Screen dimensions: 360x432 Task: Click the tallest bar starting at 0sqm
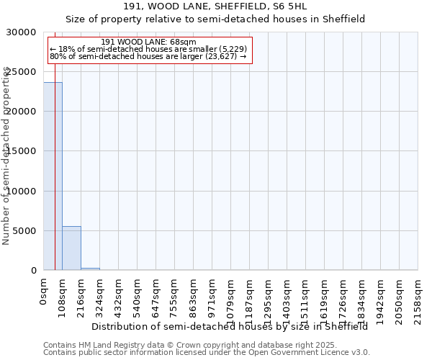pyautogui.click(x=53, y=176)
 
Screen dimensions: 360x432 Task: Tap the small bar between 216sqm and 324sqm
pyautogui.click(x=90, y=269)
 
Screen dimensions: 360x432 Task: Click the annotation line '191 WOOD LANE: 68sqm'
pyautogui.click(x=149, y=42)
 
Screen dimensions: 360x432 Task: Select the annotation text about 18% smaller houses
pyautogui.click(x=149, y=49)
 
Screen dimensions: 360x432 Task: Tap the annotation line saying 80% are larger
pyautogui.click(x=149, y=56)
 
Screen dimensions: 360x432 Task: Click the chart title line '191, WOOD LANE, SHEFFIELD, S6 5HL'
pyautogui.click(x=216, y=6)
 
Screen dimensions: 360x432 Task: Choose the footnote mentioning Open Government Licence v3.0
pyautogui.click(x=207, y=353)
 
